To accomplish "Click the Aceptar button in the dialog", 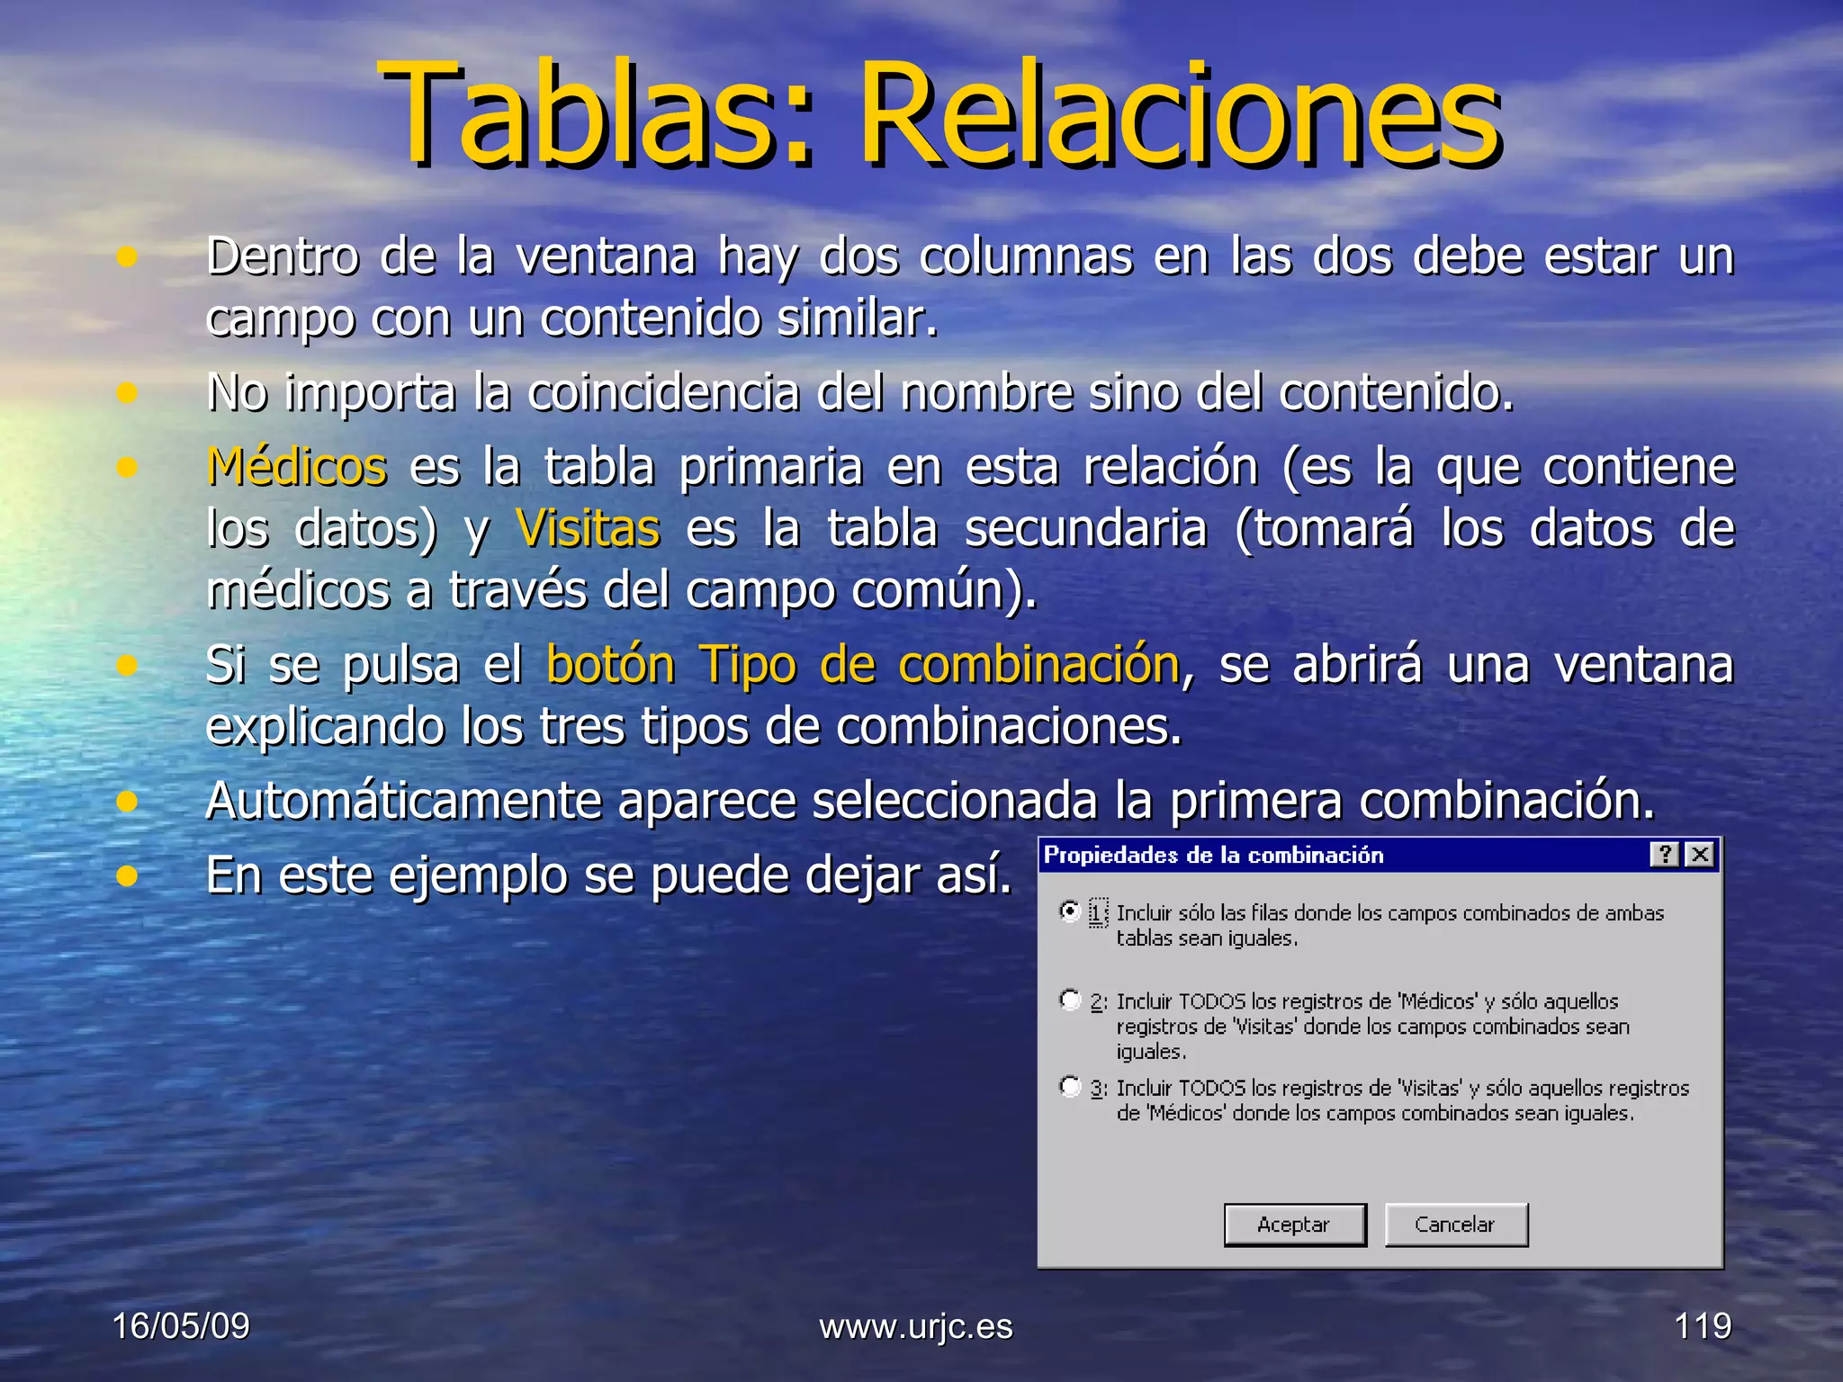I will tap(1294, 1225).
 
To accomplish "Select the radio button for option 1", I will tap(1070, 911).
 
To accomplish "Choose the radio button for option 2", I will tap(1070, 1000).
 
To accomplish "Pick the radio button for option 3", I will tap(1070, 1087).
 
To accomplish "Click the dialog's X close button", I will tap(1699, 855).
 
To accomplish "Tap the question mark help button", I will tap(1665, 855).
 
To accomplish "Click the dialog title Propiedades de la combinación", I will tap(1213, 856).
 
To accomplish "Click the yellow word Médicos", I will tap(297, 467).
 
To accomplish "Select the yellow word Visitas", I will tap(588, 528).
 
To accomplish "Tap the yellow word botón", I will tap(611, 666).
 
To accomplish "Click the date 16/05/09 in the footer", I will tap(181, 1326).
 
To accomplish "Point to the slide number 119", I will tap(1703, 1326).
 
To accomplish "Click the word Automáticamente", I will tap(403, 801).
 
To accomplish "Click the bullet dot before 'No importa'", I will tap(127, 393).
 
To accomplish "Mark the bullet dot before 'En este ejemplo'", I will tap(127, 875).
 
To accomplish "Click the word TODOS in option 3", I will tap(1212, 1089).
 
